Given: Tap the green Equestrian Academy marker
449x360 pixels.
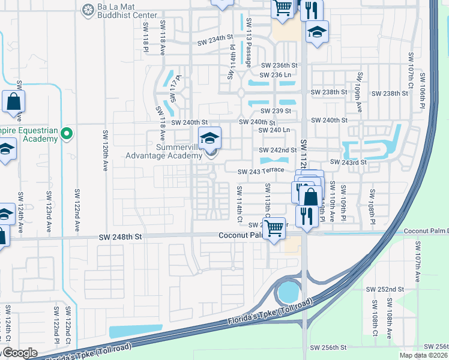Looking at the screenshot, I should [67, 133].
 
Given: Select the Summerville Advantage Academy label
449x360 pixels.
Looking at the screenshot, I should [163, 151].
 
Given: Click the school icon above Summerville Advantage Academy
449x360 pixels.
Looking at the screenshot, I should [209, 139].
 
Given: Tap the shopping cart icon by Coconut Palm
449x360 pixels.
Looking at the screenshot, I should [274, 228].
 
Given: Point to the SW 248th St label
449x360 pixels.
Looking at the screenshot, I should [121, 238].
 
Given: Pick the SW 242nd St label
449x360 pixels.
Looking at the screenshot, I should [277, 150].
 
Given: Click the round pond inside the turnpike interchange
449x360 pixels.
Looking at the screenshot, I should [288, 293].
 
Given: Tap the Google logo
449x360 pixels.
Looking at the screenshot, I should [19, 353].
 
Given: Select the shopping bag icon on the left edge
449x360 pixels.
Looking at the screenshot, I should [13, 103].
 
